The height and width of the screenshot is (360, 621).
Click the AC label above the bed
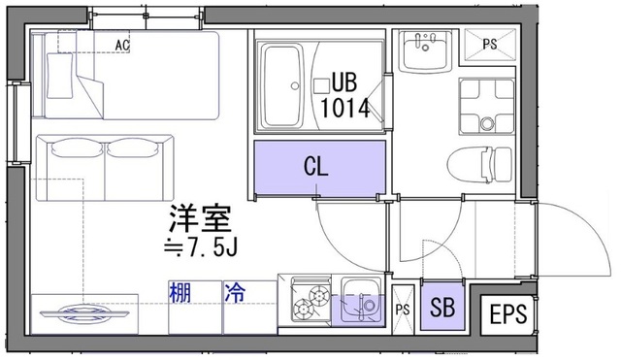tap(122, 45)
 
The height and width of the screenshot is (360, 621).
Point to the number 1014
tap(345, 107)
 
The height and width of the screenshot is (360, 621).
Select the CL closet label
tap(316, 166)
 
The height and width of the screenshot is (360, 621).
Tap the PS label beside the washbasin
tap(490, 43)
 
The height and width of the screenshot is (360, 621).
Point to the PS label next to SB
tap(403, 310)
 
